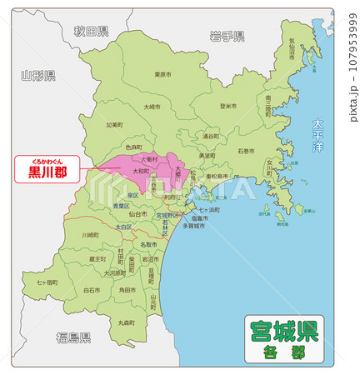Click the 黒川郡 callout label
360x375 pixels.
coord(42,172)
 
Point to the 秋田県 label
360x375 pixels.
coord(91,32)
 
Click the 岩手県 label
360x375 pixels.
coord(227,36)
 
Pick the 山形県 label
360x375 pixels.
coord(38,76)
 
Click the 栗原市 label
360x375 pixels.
coord(163,73)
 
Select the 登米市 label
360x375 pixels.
coord(228,106)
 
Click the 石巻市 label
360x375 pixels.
coord(247,152)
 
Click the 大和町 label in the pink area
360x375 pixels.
coord(141,171)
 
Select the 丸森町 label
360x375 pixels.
coord(127,321)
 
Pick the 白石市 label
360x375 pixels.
coord(92,290)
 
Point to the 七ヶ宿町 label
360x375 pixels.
coord(47,282)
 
